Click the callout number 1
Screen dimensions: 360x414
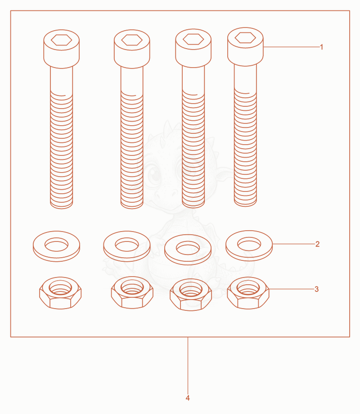[x=321, y=47]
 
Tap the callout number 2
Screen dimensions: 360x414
[x=317, y=244]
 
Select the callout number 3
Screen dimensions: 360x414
[x=316, y=289]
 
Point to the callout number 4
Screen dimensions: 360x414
[x=188, y=398]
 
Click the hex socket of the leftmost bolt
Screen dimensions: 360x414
[x=62, y=40]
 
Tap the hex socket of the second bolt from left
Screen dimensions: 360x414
[x=132, y=40]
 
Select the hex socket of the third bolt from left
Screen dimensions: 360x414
[x=193, y=39]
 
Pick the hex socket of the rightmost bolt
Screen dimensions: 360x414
[x=245, y=38]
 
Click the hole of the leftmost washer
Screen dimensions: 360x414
[x=56, y=245]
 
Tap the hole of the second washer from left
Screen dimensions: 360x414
[x=127, y=245]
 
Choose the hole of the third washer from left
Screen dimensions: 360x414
[x=188, y=248]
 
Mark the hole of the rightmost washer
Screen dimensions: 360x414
[x=249, y=244]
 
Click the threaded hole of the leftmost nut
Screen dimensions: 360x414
[x=60, y=287]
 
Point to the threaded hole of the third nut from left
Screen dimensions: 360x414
[x=191, y=289]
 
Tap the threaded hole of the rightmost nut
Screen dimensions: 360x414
[x=248, y=287]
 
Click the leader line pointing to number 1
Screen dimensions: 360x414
[x=291, y=47]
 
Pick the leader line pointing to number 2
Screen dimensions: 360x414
[x=294, y=244]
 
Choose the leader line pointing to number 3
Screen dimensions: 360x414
[x=292, y=289]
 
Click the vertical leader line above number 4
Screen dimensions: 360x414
[x=188, y=366]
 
